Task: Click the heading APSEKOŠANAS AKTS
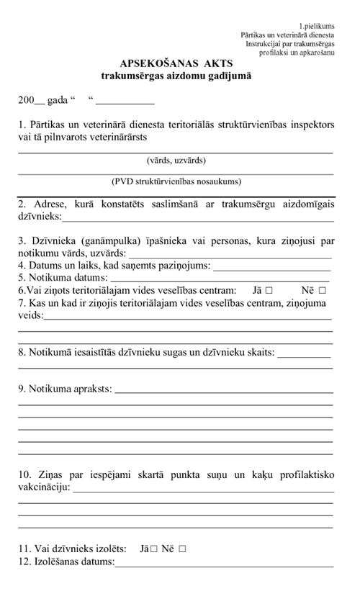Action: click(176, 63)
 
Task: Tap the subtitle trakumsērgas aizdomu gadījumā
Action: click(176, 74)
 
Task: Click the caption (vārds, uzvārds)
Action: click(176, 161)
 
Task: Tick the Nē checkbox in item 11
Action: click(182, 549)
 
